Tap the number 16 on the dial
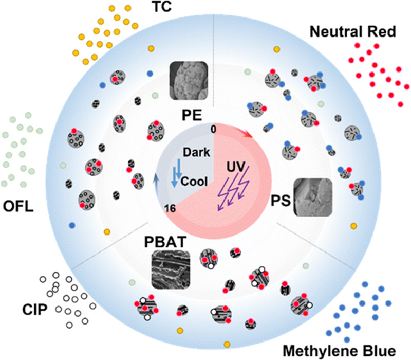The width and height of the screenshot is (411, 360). (171, 207)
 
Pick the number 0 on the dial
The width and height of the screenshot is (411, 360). (213, 129)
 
